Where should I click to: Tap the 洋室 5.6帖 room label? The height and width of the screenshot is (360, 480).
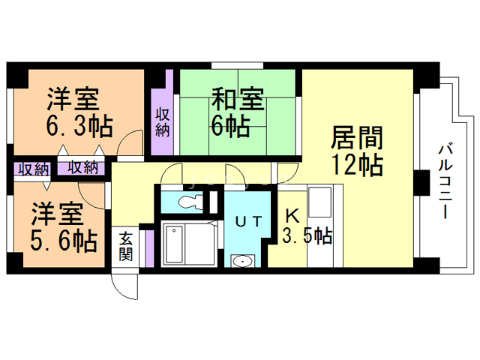click(x=64, y=228)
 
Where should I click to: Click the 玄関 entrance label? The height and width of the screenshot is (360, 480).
click(x=126, y=247)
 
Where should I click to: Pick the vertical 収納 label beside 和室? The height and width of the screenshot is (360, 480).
click(x=162, y=121)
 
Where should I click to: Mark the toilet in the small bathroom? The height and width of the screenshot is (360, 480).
click(x=187, y=200)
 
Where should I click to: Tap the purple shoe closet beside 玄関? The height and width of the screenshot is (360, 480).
click(x=149, y=247)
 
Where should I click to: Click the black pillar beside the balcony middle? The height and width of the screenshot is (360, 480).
click(x=422, y=181)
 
